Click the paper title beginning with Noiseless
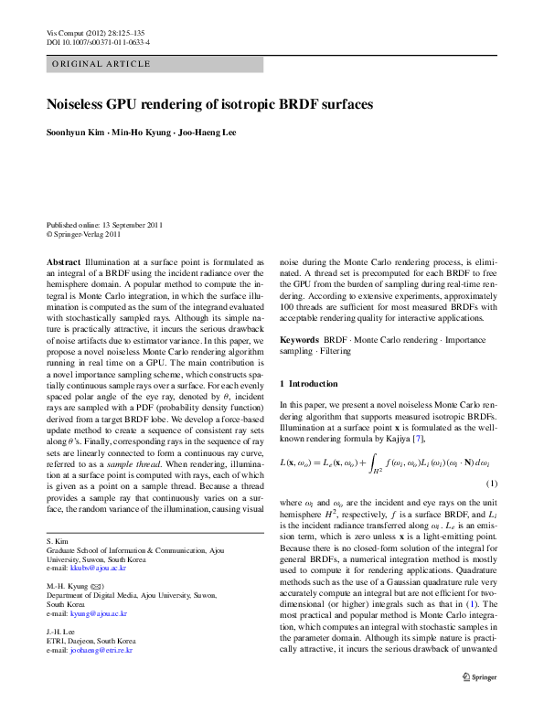tap(209, 105)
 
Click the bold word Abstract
tap(64, 261)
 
